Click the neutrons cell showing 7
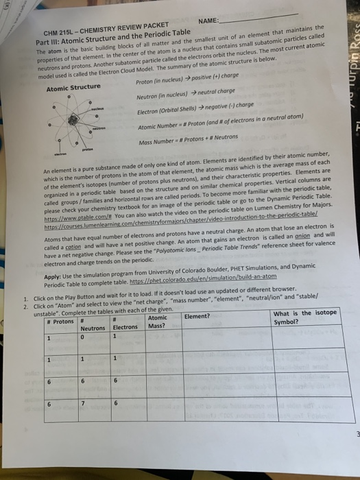[x=83, y=404]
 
